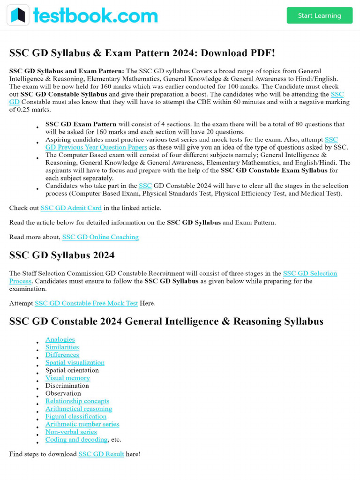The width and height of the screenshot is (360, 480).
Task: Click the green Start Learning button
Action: (319, 15)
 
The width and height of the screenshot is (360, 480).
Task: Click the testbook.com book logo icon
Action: (18, 15)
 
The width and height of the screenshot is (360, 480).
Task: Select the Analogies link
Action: (60, 339)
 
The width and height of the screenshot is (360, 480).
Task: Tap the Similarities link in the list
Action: (62, 347)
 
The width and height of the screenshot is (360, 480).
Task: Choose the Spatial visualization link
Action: (75, 362)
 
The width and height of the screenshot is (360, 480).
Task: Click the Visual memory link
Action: (67, 378)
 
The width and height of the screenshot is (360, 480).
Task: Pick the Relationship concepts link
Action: (77, 401)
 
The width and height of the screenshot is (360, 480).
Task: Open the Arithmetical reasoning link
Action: (78, 409)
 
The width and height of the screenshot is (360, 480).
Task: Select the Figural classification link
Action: (75, 416)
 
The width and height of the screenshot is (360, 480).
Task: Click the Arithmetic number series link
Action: (82, 424)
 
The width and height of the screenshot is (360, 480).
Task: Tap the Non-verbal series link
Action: (71, 432)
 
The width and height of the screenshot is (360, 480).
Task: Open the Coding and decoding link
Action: (76, 440)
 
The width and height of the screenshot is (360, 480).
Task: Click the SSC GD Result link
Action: (101, 454)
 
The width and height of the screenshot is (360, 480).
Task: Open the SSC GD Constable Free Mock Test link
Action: (86, 303)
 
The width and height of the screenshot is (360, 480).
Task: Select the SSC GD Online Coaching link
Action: (100, 237)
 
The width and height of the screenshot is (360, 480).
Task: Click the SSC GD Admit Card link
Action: (71, 208)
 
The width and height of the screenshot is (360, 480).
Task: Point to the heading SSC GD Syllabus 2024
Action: (62, 255)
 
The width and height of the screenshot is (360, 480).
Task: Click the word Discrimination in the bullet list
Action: (67, 386)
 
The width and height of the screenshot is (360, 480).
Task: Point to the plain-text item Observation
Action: (63, 393)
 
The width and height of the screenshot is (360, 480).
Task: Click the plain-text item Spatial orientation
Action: (72, 370)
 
